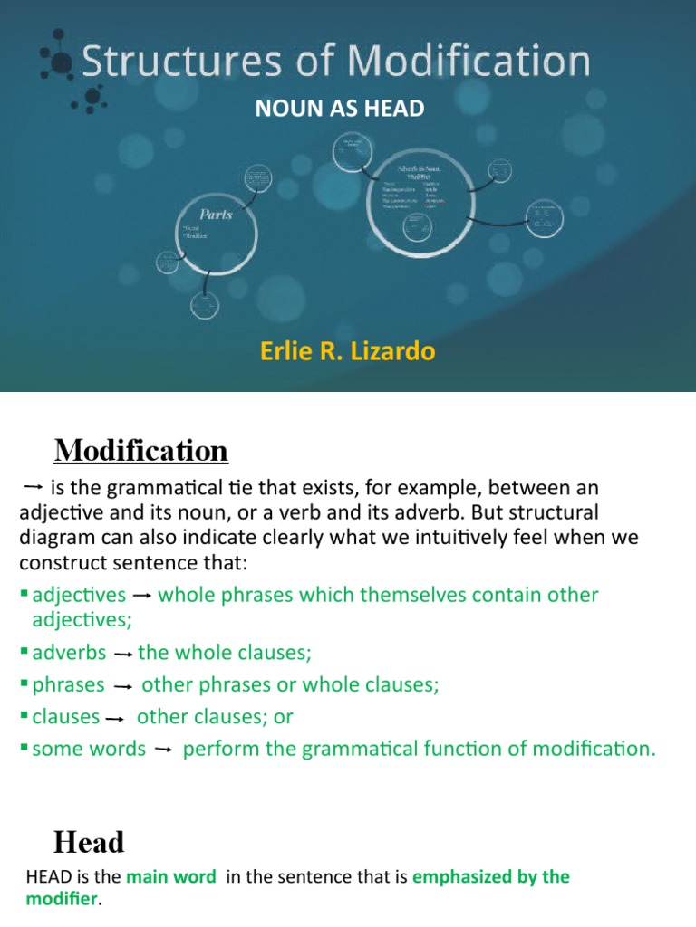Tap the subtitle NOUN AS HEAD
pyautogui.click(x=340, y=110)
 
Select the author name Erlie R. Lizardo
pyautogui.click(x=348, y=351)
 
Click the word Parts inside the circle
pyautogui.click(x=217, y=215)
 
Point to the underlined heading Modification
pyautogui.click(x=141, y=450)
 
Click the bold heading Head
pyautogui.click(x=89, y=843)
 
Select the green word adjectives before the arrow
pyautogui.click(x=79, y=595)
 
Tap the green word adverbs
pyautogui.click(x=69, y=653)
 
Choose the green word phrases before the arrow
pyautogui.click(x=68, y=684)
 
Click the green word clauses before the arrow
pyautogui.click(x=65, y=717)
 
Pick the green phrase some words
pyautogui.click(x=89, y=749)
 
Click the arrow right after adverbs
pyautogui.click(x=123, y=655)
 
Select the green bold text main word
pyautogui.click(x=170, y=876)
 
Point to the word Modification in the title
pyautogui.click(x=469, y=62)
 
